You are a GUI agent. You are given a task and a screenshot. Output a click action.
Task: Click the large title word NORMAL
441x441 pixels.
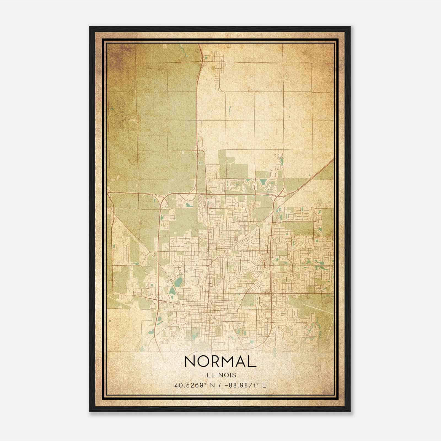pyautogui.click(x=220, y=361)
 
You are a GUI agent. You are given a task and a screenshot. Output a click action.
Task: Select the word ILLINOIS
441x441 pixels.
pyautogui.click(x=220, y=375)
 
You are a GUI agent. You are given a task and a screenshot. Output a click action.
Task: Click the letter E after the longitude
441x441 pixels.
pyautogui.click(x=264, y=385)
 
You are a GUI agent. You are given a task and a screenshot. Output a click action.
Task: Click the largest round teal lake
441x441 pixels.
pyautogui.click(x=179, y=281)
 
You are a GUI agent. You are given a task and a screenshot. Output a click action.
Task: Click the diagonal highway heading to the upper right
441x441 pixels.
pyautogui.click(x=309, y=178)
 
